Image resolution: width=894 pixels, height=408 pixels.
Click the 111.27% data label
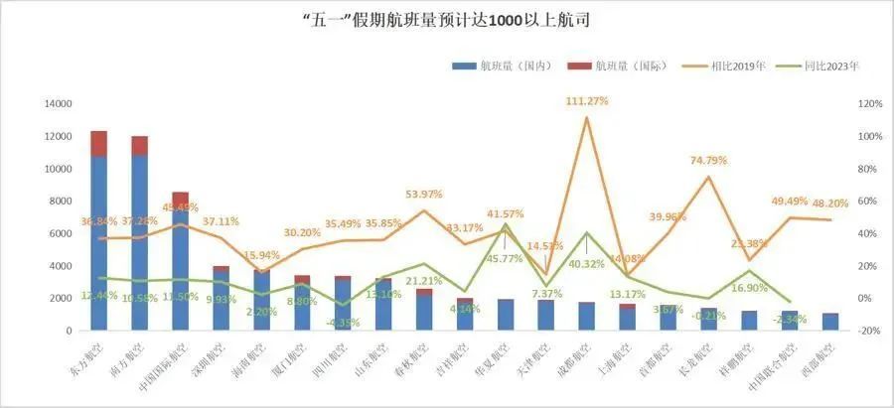coord(586,101)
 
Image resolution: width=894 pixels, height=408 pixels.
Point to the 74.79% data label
coord(708,161)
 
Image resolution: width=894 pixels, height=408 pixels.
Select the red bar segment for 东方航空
coord(99,143)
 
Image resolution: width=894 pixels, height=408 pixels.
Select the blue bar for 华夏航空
coord(506,315)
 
